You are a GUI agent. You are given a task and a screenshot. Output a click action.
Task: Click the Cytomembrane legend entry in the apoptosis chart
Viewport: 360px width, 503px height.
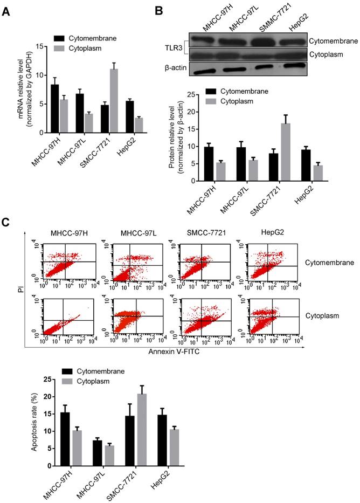coord(99,371)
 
